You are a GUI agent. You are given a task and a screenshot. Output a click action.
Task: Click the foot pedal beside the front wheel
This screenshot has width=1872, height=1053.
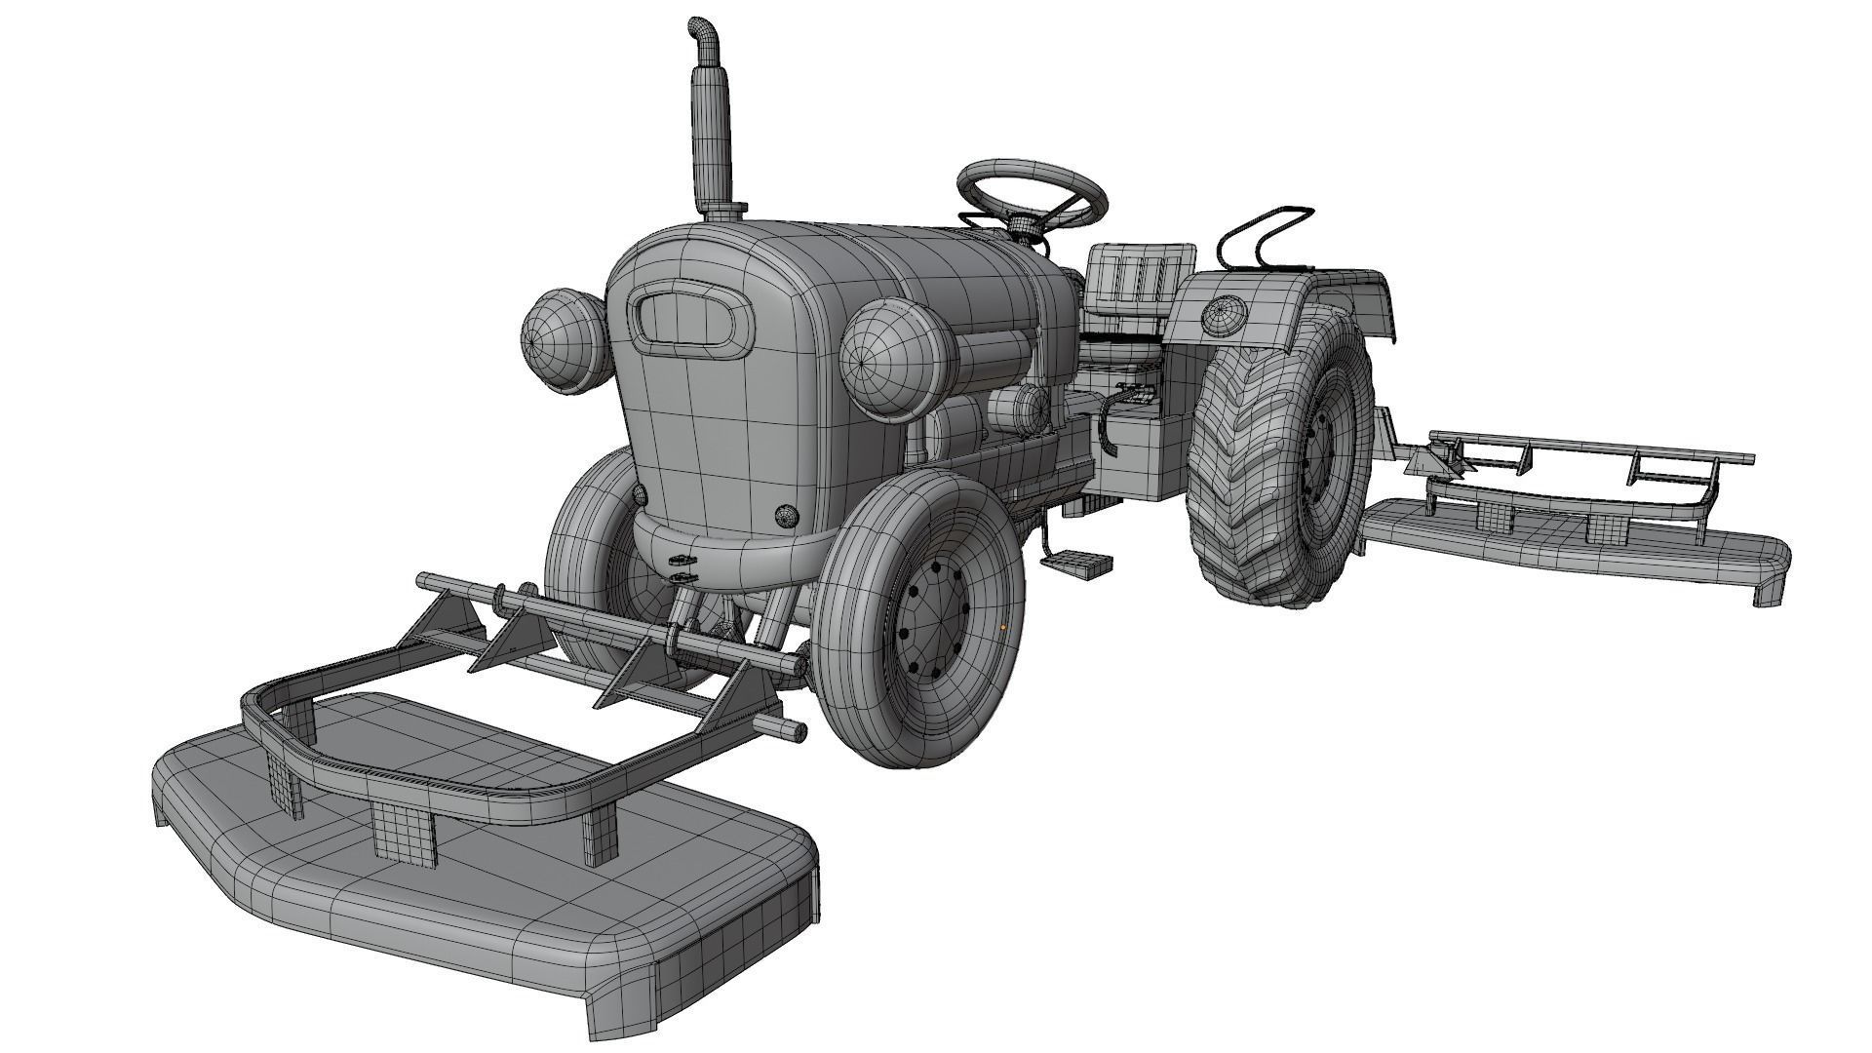(1078, 564)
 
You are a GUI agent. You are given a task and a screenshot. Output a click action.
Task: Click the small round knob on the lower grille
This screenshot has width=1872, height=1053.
(786, 517)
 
